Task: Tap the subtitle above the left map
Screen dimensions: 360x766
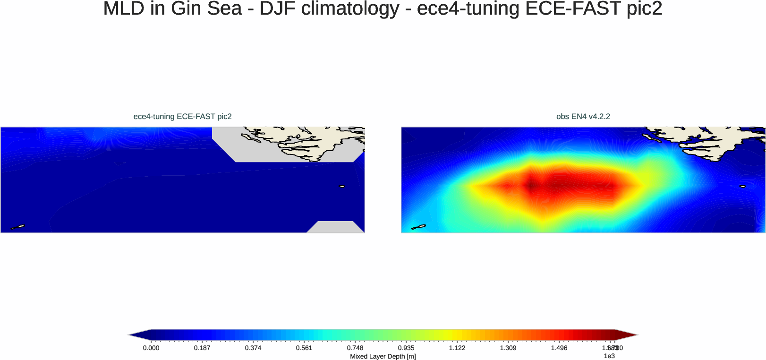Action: point(182,116)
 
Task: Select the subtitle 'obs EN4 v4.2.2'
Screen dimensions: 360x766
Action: point(583,116)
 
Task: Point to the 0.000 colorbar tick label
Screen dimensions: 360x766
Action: point(151,348)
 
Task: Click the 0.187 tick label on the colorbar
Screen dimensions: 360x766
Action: point(202,348)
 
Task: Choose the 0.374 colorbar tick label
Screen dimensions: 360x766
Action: point(253,348)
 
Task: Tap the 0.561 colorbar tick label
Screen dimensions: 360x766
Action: point(304,348)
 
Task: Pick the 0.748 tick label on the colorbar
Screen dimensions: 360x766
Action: point(355,348)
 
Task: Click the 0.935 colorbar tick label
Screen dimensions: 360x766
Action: point(406,348)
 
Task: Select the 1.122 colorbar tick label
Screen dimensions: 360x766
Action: point(457,348)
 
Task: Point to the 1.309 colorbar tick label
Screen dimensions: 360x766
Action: point(508,348)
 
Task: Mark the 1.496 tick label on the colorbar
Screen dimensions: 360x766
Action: point(559,348)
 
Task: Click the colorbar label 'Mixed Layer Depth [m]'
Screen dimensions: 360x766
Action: point(383,356)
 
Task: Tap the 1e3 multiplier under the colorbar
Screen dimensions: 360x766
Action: point(609,356)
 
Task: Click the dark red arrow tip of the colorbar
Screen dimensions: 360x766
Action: point(626,335)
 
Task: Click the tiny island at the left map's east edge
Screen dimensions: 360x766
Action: point(342,186)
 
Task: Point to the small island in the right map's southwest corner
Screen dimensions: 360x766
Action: point(418,227)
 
